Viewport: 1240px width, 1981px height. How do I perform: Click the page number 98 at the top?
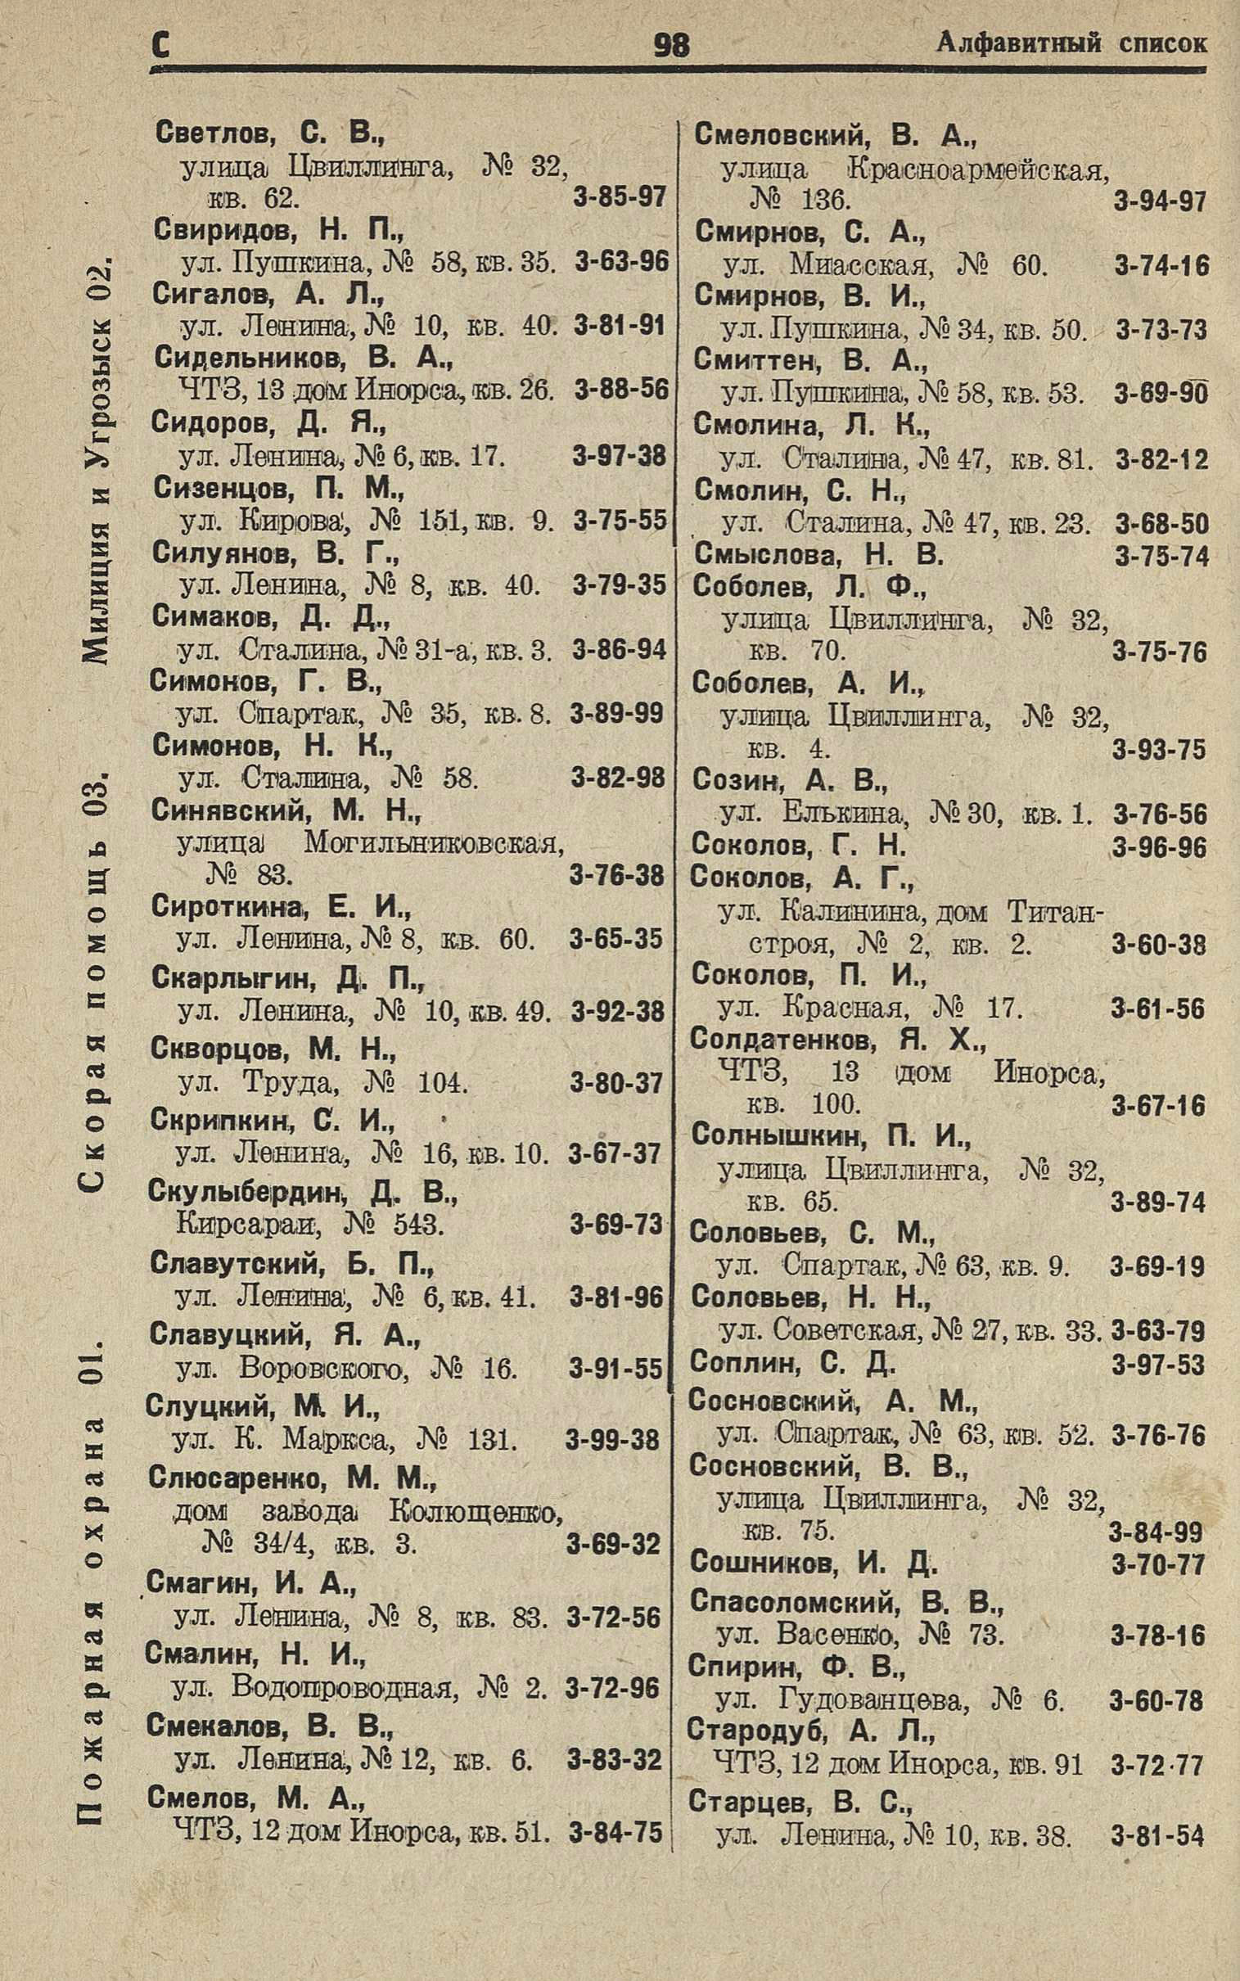(671, 45)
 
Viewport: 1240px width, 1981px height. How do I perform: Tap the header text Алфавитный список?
(1071, 43)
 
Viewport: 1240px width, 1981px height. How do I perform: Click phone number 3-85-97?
(618, 196)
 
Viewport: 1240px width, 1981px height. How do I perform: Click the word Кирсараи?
(247, 1225)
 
